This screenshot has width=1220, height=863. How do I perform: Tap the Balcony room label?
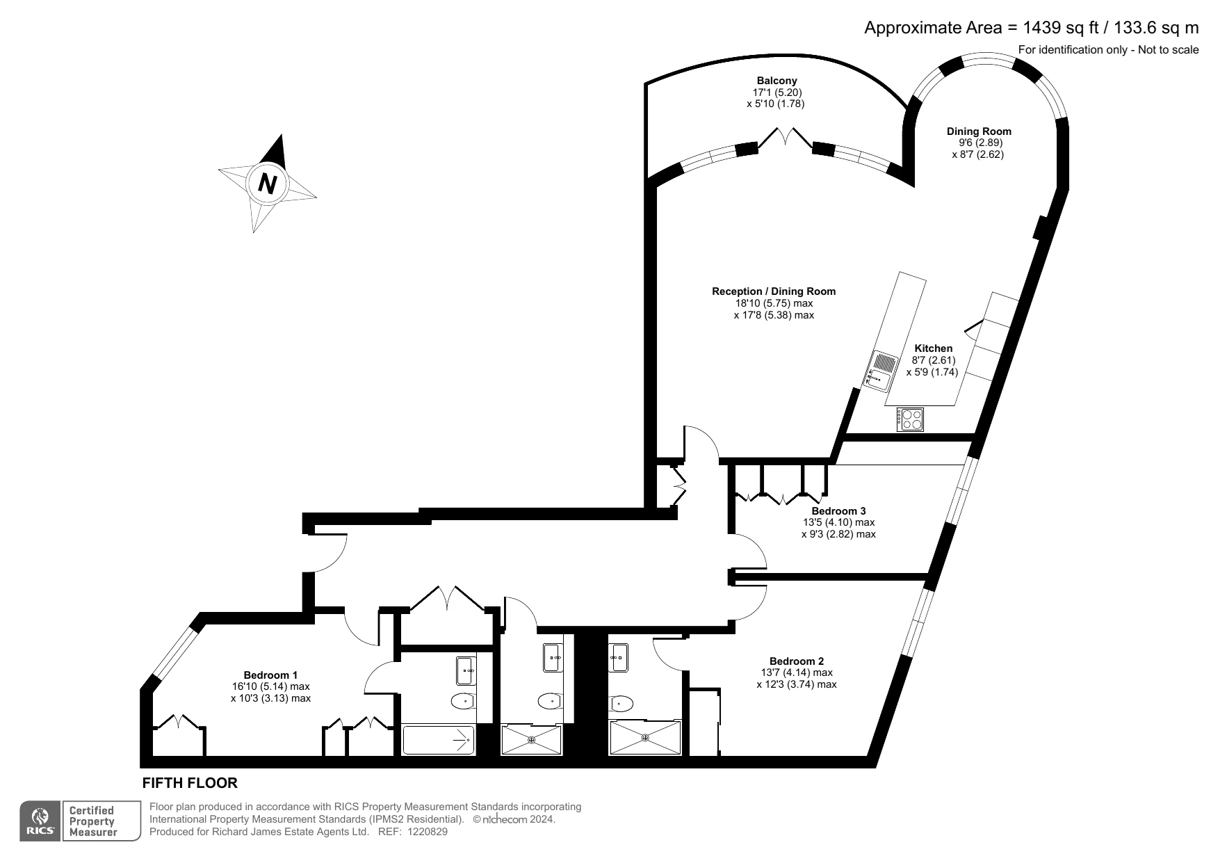coord(776,81)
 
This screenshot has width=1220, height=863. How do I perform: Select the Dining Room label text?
coord(979,131)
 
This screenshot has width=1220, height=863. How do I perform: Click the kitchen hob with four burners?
coord(911,419)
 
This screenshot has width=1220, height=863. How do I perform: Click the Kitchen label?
coord(933,348)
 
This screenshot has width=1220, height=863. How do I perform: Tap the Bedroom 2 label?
coord(796,661)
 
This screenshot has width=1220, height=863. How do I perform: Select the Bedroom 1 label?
coord(270,675)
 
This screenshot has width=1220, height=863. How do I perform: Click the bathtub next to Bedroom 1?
coord(438,740)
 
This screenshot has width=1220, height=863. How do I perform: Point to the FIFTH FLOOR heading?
coord(190,783)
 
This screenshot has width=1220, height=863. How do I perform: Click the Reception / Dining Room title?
coord(773,291)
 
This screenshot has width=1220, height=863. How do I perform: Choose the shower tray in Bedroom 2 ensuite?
coord(645,739)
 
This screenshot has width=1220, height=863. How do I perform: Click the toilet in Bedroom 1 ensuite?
coord(462,701)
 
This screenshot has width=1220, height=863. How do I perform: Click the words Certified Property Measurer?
coord(91,821)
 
